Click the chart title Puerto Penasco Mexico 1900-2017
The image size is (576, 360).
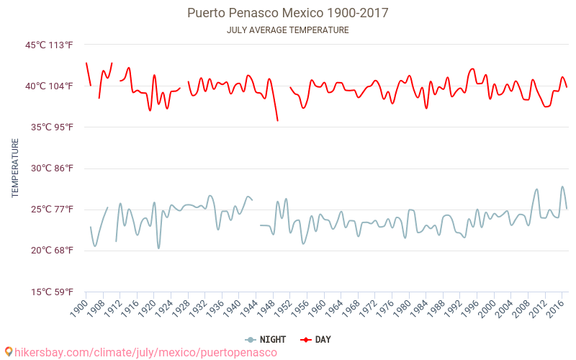287,13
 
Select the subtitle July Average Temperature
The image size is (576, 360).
287,30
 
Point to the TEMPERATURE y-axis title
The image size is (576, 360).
15,168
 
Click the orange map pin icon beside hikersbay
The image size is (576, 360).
9,352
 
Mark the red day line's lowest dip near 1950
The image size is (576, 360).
278,120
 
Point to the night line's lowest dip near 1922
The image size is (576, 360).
158,248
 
